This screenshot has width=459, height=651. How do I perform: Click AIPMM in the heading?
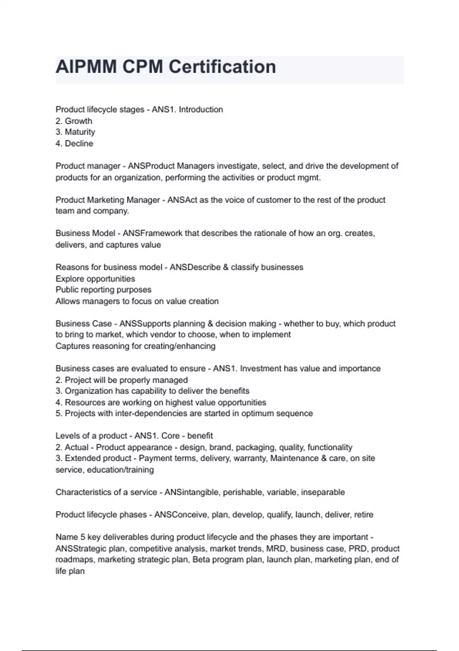pos(86,67)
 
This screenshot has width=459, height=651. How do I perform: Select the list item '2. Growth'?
pos(74,121)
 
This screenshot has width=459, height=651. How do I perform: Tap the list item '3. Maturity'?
pos(75,132)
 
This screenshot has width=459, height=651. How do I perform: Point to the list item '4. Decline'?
pos(74,144)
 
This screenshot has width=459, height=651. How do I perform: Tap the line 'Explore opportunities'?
pos(95,279)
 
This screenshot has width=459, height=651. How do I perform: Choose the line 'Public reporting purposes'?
pos(103,290)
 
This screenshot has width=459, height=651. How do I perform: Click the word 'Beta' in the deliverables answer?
pos(201,560)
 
